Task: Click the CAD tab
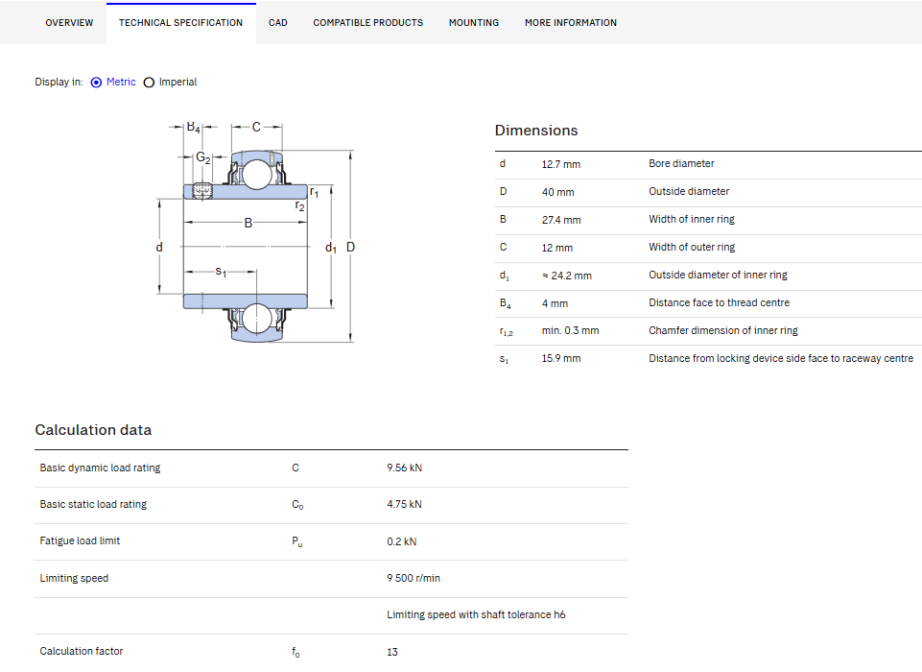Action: click(x=278, y=23)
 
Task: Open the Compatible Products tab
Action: click(x=368, y=23)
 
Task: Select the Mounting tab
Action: click(x=474, y=23)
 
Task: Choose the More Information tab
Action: click(x=571, y=23)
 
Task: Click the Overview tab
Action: click(x=69, y=23)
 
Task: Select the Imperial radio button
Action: click(x=150, y=83)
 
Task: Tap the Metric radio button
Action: click(x=97, y=83)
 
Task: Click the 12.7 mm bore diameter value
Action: click(x=561, y=164)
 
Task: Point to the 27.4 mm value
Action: click(x=561, y=220)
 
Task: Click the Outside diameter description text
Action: click(x=689, y=191)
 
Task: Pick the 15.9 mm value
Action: click(x=561, y=358)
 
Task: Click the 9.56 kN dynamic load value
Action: click(x=405, y=468)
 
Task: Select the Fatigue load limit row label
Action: click(x=80, y=540)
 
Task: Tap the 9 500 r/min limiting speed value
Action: click(x=414, y=579)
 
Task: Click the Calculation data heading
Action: click(x=93, y=430)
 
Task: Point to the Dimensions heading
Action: click(x=536, y=131)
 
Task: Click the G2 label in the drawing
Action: click(x=202, y=157)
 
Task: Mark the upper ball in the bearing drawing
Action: click(x=257, y=174)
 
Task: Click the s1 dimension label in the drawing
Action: click(x=221, y=272)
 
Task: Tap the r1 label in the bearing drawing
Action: click(x=315, y=192)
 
